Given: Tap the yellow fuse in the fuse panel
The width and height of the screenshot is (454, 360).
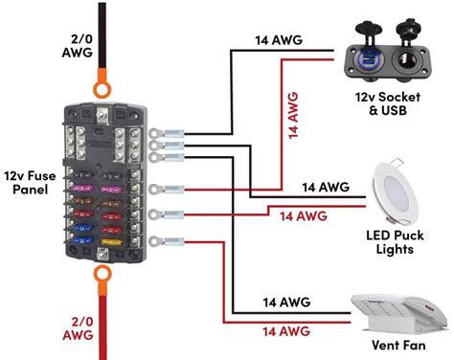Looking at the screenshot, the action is pyautogui.click(x=111, y=242).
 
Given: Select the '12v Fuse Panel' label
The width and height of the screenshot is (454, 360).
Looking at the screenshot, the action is pyautogui.click(x=30, y=183).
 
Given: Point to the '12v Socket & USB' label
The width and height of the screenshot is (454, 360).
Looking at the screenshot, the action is pyautogui.click(x=388, y=103).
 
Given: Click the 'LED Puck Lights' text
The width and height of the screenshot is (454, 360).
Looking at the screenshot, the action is pyautogui.click(x=395, y=242).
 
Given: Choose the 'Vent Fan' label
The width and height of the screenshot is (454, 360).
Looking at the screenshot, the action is pyautogui.click(x=398, y=345).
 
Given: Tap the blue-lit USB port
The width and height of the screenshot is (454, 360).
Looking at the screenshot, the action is pyautogui.click(x=368, y=58).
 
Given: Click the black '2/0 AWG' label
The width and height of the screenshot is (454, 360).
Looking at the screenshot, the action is pyautogui.click(x=78, y=46).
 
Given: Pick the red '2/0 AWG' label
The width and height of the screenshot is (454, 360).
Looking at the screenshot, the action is pyautogui.click(x=78, y=328).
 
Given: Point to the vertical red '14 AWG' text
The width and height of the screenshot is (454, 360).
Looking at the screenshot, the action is pyautogui.click(x=293, y=115).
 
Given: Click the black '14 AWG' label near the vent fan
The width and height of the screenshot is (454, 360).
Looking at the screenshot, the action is pyautogui.click(x=286, y=302).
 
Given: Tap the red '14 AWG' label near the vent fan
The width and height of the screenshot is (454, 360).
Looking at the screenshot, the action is pyautogui.click(x=286, y=331).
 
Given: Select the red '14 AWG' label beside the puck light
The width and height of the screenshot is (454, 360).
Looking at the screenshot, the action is pyautogui.click(x=304, y=216).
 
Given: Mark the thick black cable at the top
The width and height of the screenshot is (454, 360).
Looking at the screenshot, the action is pyautogui.click(x=102, y=35).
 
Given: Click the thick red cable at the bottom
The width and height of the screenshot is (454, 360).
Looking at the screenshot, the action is pyautogui.click(x=102, y=327).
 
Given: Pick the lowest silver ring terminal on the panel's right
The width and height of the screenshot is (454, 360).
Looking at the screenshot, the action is pyautogui.click(x=167, y=241).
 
